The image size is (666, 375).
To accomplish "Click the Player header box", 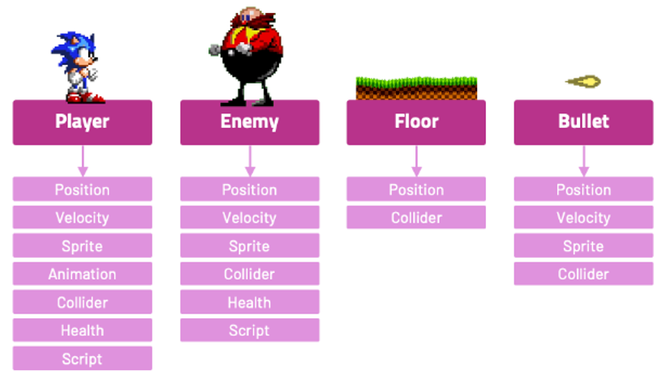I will [x=82, y=122].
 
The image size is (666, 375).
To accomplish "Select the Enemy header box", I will [x=249, y=122].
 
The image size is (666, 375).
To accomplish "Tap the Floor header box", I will [x=416, y=122].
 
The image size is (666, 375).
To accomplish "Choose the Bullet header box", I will [x=583, y=122].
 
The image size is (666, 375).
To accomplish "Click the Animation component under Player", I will [x=82, y=274].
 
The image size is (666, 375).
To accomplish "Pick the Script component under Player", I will [x=82, y=359].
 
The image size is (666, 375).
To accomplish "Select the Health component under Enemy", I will [x=249, y=302].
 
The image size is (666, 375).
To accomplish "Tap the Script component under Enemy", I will [x=249, y=330].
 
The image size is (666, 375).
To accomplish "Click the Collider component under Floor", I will [x=416, y=217].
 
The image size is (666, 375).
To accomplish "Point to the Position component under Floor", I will [x=416, y=190].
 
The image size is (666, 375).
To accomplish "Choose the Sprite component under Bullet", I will [x=583, y=246].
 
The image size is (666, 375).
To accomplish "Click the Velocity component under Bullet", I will [x=583, y=217].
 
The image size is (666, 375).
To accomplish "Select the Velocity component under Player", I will [x=82, y=217].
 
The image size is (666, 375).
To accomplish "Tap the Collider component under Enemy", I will [x=249, y=274].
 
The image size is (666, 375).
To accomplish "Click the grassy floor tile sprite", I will [x=416, y=87].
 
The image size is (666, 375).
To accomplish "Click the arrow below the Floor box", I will [x=416, y=161].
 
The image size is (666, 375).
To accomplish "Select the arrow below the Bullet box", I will [x=583, y=161].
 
